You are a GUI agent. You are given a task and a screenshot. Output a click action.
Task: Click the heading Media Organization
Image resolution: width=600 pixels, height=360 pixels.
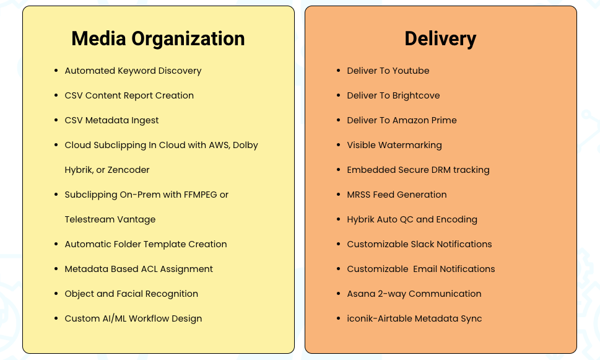158,39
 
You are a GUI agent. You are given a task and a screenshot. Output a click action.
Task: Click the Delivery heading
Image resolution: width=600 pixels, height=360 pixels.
440,39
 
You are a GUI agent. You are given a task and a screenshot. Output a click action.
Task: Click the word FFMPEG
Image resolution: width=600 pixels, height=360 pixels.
201,195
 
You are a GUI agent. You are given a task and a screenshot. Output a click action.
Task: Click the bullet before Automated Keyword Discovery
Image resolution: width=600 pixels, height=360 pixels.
56,71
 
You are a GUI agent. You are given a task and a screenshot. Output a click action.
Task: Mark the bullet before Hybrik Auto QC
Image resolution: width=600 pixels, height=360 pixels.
338,219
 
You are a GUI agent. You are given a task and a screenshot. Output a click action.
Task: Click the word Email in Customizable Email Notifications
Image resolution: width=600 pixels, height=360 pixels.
425,270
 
